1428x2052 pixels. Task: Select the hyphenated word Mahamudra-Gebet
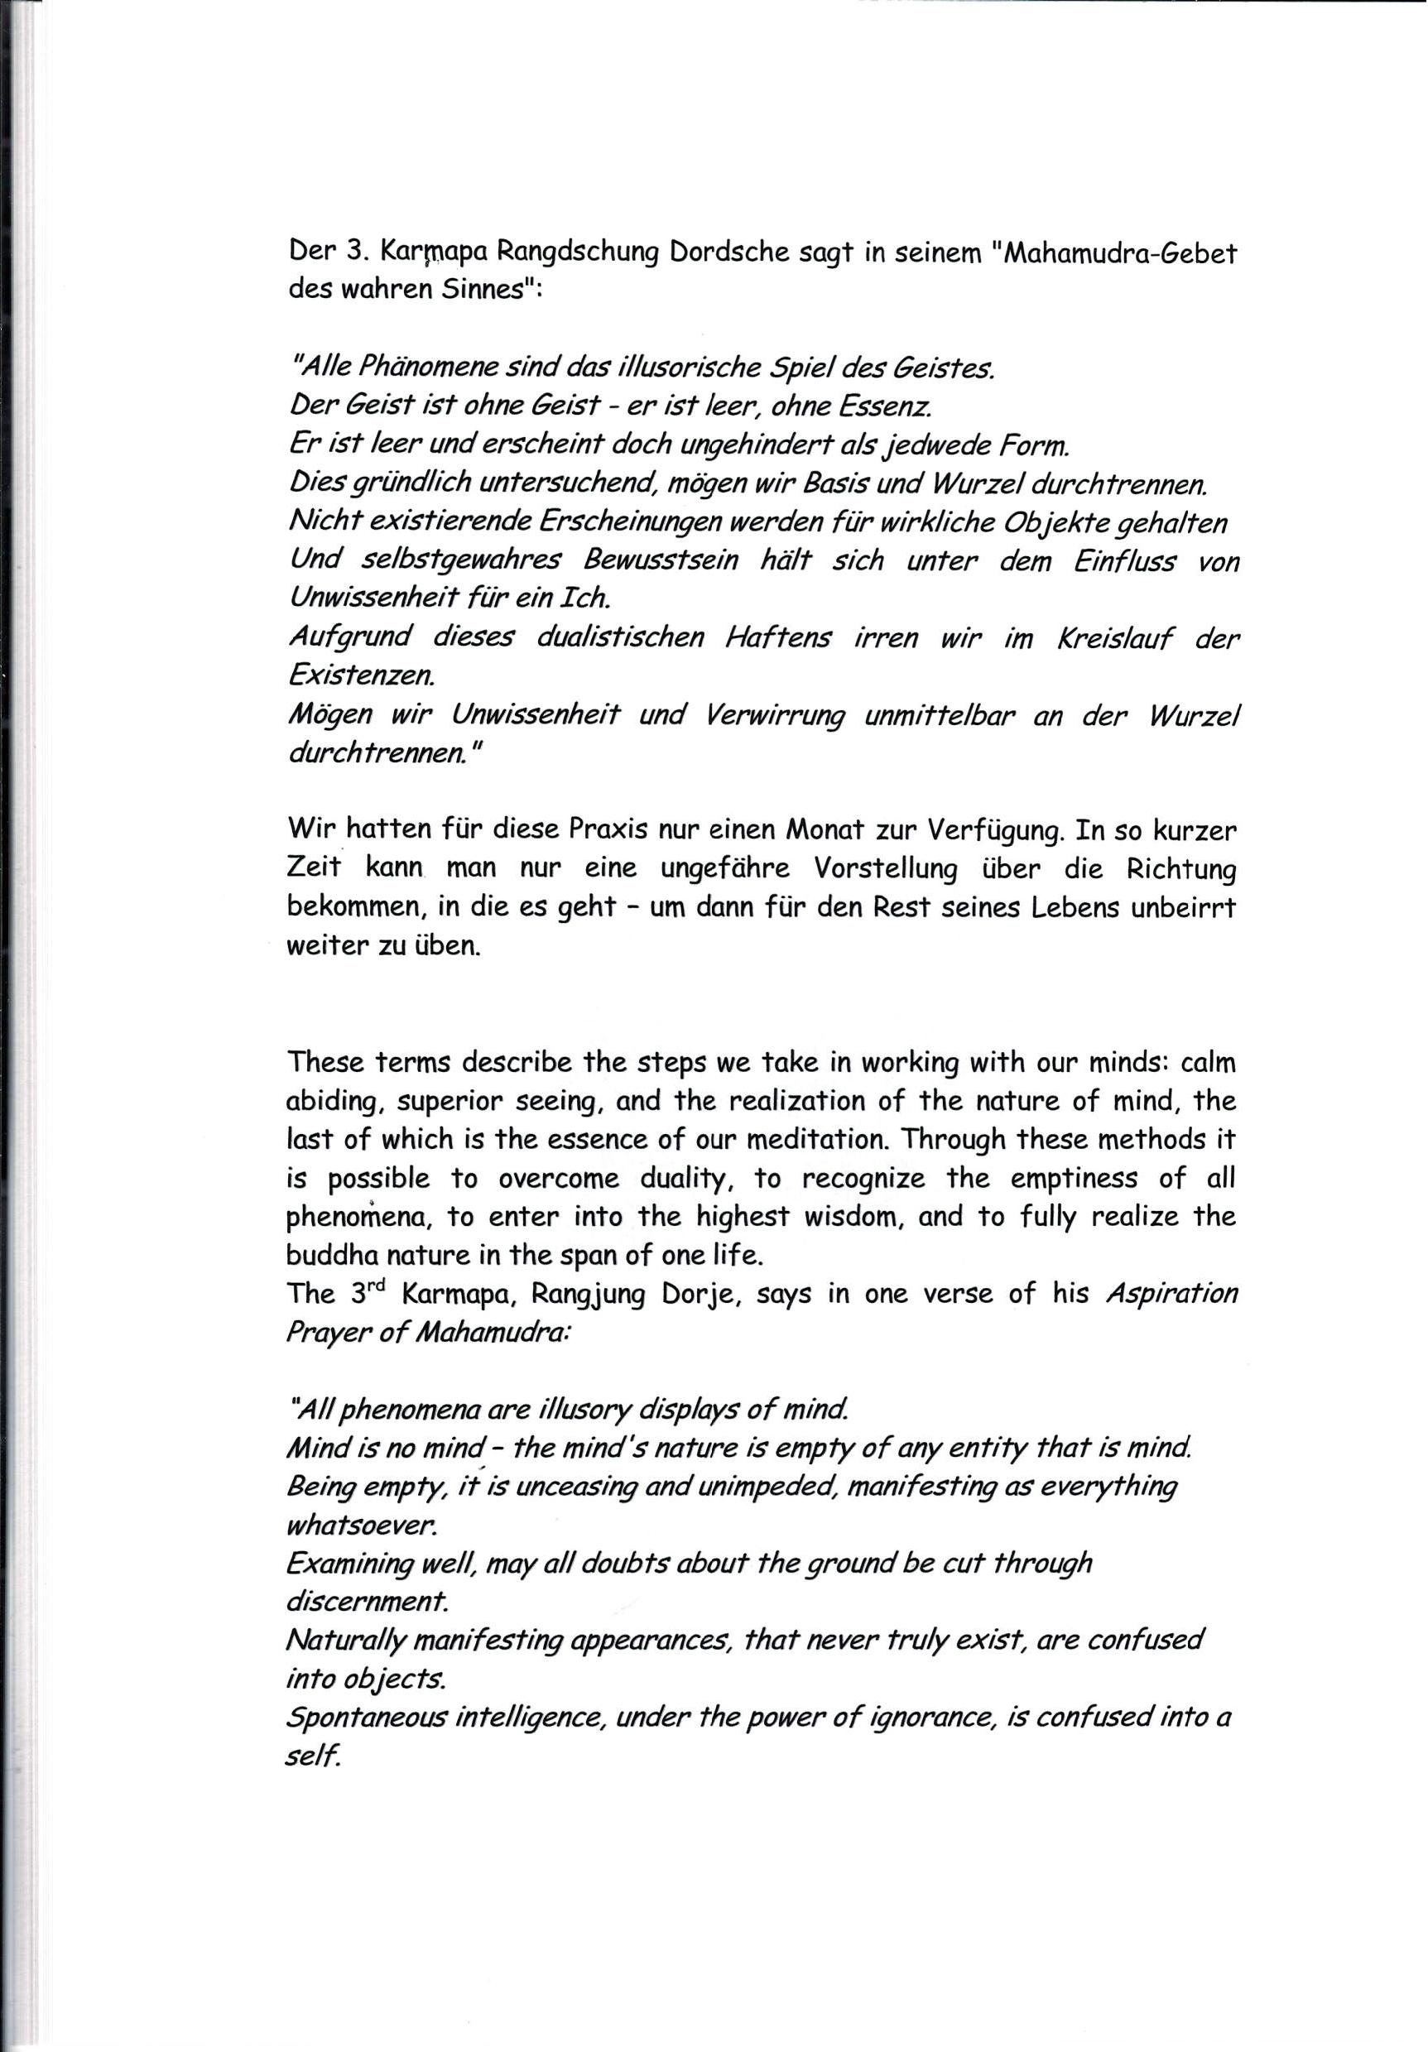[1121, 253]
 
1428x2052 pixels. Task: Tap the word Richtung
[1180, 868]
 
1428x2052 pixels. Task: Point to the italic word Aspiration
[1171, 1294]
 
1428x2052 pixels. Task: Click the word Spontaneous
[362, 1718]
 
